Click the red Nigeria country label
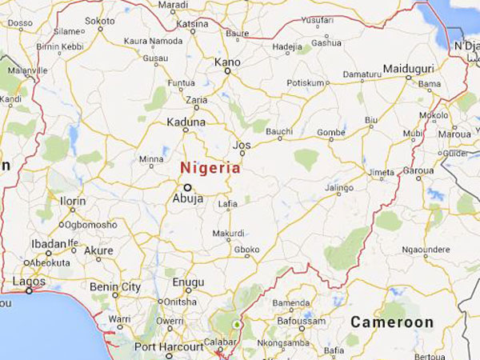point(210,169)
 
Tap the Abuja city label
point(187,199)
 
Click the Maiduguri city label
point(407,69)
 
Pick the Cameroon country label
point(392,323)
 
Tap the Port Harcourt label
point(170,346)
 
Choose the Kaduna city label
point(186,122)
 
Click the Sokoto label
point(99,20)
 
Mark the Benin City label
point(114,287)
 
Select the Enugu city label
point(189,282)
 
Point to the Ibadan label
point(50,244)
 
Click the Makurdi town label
point(228,233)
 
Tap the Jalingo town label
point(338,187)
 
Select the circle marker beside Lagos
point(29,291)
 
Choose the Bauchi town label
point(279,130)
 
